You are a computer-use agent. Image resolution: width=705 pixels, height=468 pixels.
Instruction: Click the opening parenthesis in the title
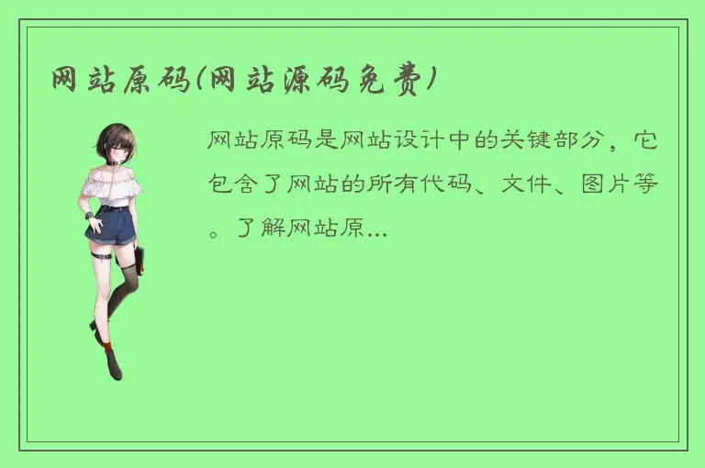click(x=195, y=81)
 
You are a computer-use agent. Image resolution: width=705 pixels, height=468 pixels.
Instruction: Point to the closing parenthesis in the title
click(x=429, y=81)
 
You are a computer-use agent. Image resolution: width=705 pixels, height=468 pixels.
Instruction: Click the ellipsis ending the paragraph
click(x=377, y=233)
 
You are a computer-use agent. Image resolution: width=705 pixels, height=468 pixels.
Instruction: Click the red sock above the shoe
click(x=107, y=347)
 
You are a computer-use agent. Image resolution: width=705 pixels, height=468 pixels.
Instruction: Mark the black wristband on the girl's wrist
click(x=89, y=216)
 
